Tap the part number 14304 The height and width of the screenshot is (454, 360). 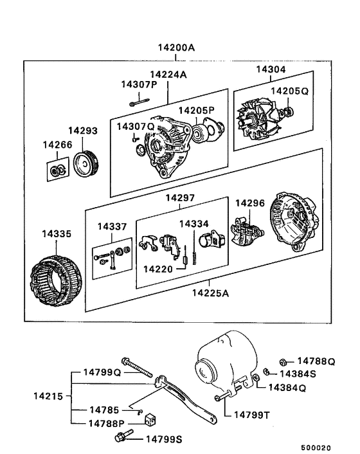[271, 69]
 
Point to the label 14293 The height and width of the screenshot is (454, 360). [84, 131]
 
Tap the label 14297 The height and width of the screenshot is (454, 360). [181, 197]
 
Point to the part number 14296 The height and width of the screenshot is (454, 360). [249, 203]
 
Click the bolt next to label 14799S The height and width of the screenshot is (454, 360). [122, 439]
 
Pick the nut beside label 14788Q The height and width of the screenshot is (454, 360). [283, 361]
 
